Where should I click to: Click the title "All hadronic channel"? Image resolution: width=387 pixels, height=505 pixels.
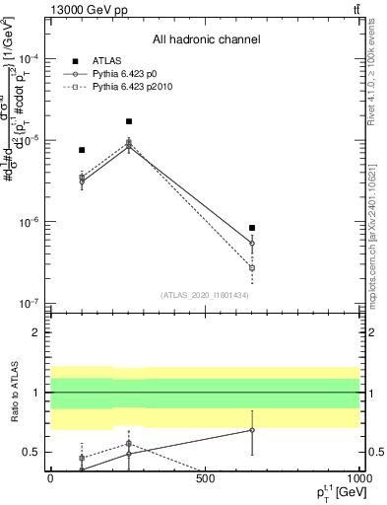206,40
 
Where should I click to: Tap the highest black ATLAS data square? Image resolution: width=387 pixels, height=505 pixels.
129,121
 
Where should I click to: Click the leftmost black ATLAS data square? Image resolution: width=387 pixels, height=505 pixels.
82,150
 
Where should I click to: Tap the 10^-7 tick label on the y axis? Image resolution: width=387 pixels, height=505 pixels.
29,303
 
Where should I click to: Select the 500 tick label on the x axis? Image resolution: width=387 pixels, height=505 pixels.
205,479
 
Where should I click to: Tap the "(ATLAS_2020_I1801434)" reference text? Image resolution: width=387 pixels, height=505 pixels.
205,295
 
